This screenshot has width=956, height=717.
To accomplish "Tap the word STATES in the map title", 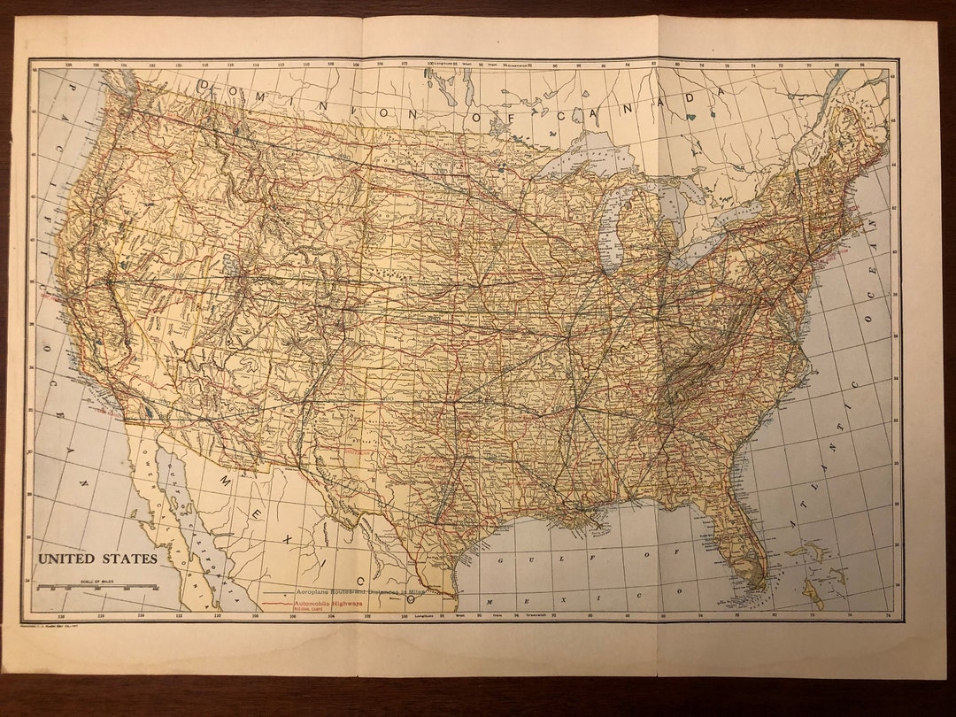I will pyautogui.click(x=129, y=559).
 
